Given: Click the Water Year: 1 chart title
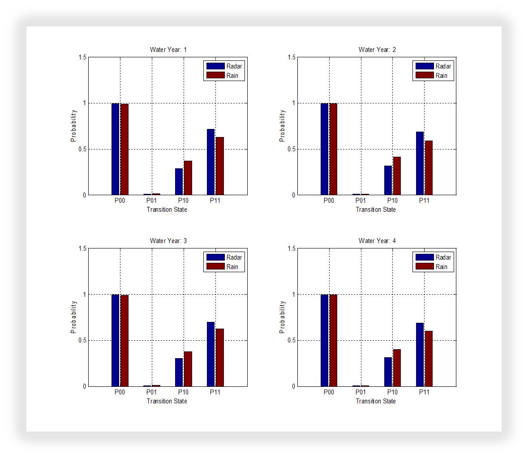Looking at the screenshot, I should coord(168,50).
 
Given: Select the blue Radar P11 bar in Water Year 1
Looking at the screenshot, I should coord(210,162).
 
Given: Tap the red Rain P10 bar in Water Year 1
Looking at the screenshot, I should coord(188,178).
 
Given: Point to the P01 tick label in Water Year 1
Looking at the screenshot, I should coord(152,201).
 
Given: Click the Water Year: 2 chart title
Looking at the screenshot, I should coord(377,50).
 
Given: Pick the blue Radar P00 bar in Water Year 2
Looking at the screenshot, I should coord(325,149).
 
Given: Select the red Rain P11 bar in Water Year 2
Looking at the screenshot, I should coord(429,168).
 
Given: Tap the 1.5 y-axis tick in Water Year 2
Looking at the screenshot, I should coord(292,57).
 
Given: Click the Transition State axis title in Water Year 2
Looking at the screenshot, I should coord(376,210).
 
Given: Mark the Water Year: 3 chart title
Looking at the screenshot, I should coord(168,241).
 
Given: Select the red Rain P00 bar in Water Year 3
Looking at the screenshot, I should coord(124,341).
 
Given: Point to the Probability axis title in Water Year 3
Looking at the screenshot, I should coord(74,317).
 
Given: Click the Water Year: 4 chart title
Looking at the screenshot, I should coord(377,241).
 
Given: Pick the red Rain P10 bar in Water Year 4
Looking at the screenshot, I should coord(397,368).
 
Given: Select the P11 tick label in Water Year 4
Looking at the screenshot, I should coord(424,392).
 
